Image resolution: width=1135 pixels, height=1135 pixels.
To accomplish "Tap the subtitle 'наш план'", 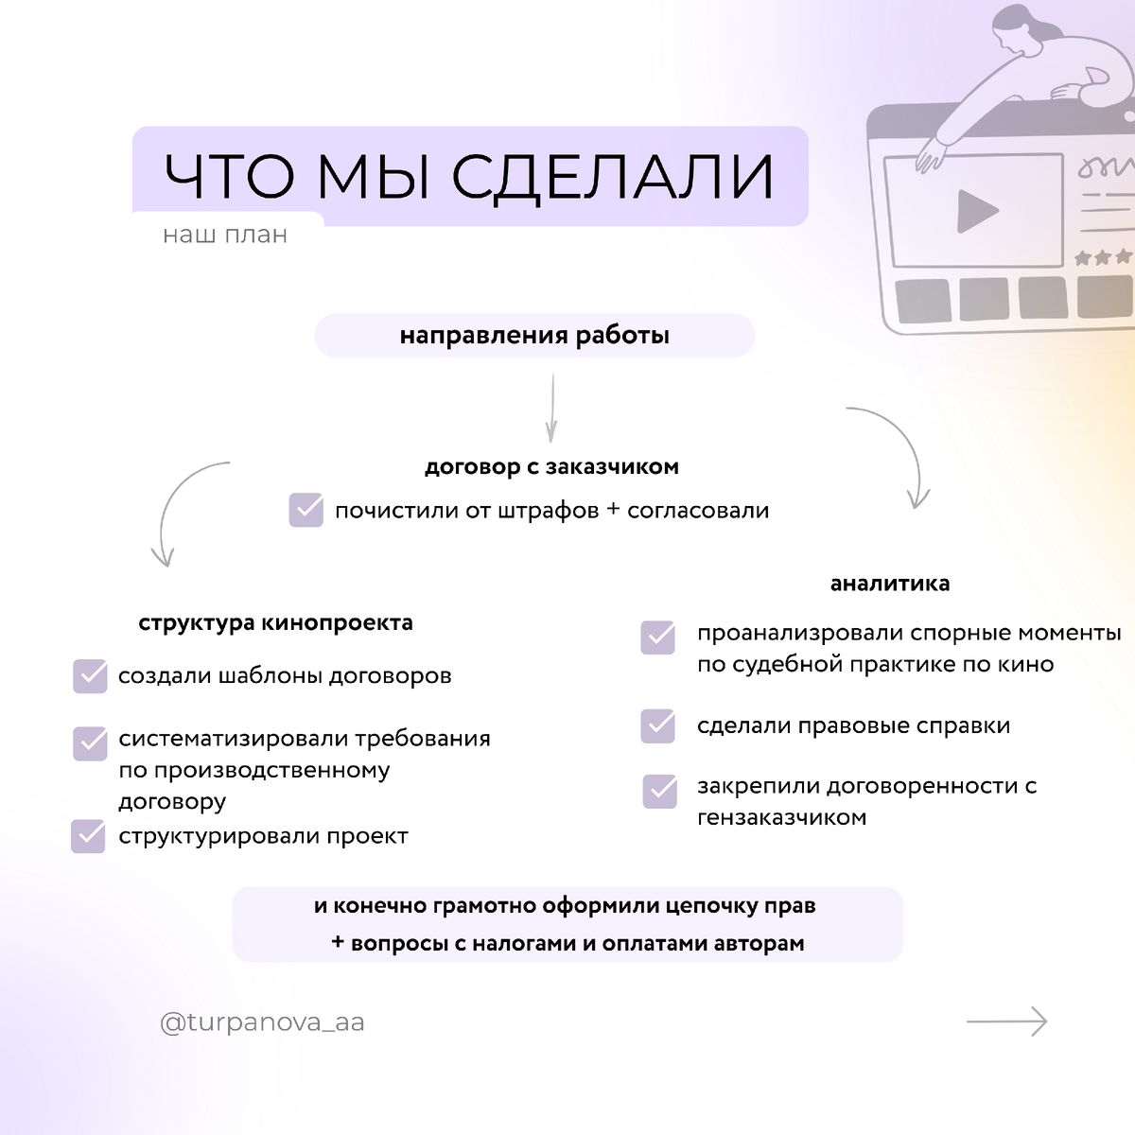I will pyautogui.click(x=225, y=235).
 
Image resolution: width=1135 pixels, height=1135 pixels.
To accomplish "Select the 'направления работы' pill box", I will pyautogui.click(x=534, y=336).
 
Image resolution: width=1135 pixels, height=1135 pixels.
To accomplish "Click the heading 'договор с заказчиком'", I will pyautogui.click(x=551, y=466).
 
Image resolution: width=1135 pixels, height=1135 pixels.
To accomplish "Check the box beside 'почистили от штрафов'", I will pyautogui.click(x=306, y=510).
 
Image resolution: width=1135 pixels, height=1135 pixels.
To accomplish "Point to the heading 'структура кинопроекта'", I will pyautogui.click(x=275, y=622).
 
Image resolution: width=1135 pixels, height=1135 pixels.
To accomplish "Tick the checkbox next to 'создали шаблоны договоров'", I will pyautogui.click(x=90, y=676).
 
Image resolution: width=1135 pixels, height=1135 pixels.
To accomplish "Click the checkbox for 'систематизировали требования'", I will pyautogui.click(x=90, y=743).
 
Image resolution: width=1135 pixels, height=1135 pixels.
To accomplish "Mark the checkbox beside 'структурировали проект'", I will pyautogui.click(x=88, y=836).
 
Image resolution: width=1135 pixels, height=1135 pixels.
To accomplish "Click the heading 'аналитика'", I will pyautogui.click(x=889, y=584).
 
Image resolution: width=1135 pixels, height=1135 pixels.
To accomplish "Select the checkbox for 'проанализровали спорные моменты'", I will pyautogui.click(x=658, y=637).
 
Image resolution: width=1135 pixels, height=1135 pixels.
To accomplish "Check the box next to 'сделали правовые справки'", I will pyautogui.click(x=658, y=726).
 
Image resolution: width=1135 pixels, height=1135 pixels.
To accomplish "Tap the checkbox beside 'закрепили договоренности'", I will pyautogui.click(x=660, y=791).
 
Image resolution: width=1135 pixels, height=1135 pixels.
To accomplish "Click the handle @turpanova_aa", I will pyautogui.click(x=262, y=1022).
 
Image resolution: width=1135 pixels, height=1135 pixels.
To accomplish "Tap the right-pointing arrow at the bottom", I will pyautogui.click(x=1007, y=1021).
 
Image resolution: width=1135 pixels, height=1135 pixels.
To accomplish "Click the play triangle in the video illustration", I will pyautogui.click(x=976, y=211).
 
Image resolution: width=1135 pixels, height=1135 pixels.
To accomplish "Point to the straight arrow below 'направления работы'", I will pyautogui.click(x=551, y=407).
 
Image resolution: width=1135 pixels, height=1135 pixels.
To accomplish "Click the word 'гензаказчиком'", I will pyautogui.click(x=781, y=817).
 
